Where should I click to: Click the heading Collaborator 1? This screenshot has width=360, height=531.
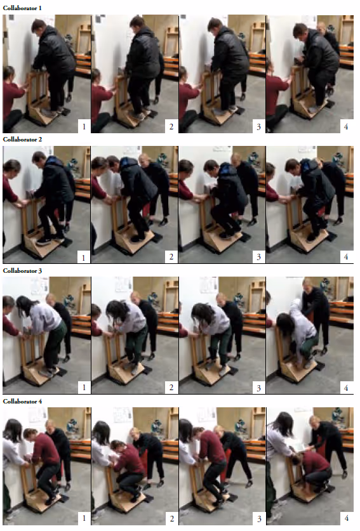22,8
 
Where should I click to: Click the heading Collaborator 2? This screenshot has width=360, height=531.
22,139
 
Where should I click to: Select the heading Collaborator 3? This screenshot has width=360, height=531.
22,271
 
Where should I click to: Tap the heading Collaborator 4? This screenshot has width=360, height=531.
22,402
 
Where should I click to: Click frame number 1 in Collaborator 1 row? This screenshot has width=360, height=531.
84,127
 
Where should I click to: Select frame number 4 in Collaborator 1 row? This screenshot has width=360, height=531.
346,127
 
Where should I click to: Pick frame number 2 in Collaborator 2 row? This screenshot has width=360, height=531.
171,257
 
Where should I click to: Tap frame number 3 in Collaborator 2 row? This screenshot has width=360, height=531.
258,257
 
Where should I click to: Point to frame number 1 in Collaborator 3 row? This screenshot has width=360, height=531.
84,388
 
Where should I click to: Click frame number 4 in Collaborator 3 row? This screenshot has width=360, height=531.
346,388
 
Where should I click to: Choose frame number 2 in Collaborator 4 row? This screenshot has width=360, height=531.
172,518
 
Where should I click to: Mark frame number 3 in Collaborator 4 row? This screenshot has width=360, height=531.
259,518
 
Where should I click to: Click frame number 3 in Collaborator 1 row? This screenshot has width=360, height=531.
258,127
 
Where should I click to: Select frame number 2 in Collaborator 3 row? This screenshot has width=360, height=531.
171,388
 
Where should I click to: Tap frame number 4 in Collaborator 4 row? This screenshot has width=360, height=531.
347,518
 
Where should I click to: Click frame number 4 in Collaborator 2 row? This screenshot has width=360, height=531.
346,257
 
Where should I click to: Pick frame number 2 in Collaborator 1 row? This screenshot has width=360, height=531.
171,127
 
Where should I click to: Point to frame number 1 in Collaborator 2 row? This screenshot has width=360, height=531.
84,258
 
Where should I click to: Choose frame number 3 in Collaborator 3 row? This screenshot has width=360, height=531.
258,388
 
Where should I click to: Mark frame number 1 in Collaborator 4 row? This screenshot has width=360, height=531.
84,518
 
